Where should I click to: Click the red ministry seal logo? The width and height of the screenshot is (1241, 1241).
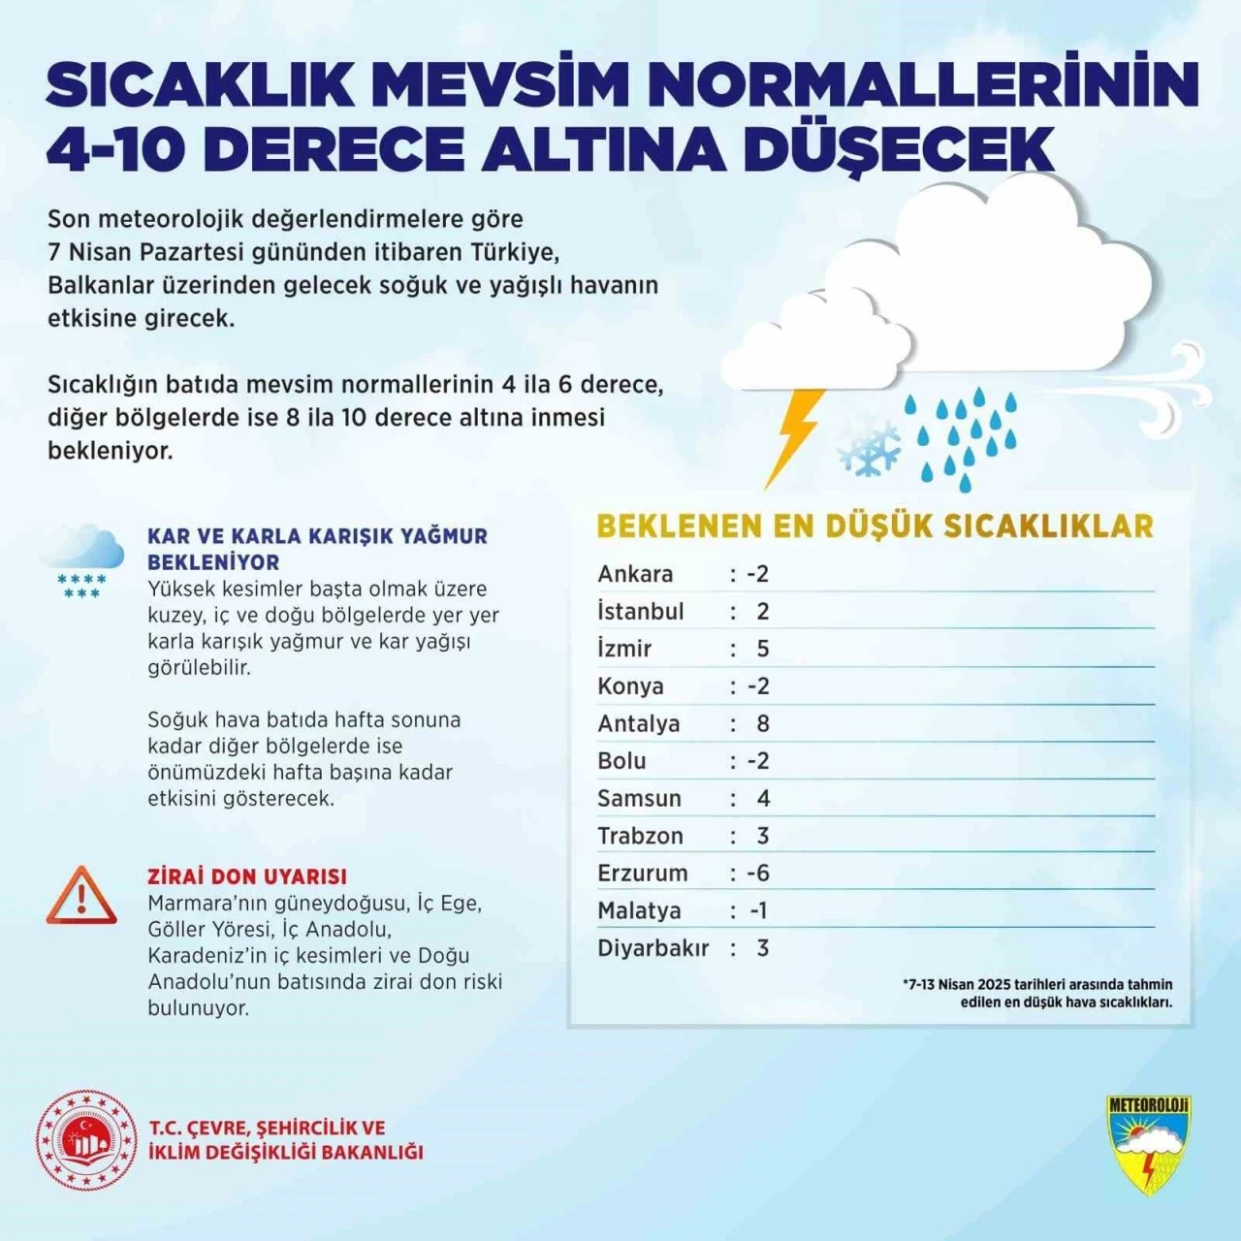[86, 1140]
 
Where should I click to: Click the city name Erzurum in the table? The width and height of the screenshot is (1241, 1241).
[642, 873]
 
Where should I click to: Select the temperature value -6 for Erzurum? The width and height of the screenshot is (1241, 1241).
[758, 873]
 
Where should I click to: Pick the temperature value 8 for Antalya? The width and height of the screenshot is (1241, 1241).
[763, 723]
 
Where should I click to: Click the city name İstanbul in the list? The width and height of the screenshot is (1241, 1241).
[640, 611]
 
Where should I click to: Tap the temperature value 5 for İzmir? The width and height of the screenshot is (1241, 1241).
[763, 649]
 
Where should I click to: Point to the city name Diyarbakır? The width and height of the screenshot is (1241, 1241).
[652, 947]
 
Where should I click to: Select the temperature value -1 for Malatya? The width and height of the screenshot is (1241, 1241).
[758, 910]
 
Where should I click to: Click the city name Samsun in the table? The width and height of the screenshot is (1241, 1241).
[639, 798]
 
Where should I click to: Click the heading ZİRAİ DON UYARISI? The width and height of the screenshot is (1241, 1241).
[246, 876]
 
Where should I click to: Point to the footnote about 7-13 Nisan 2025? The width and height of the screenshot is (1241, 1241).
[1037, 993]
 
